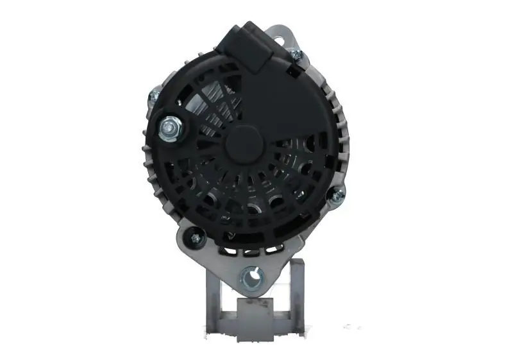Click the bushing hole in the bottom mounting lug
pos(251,278)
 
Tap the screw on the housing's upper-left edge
pos(155,97)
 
